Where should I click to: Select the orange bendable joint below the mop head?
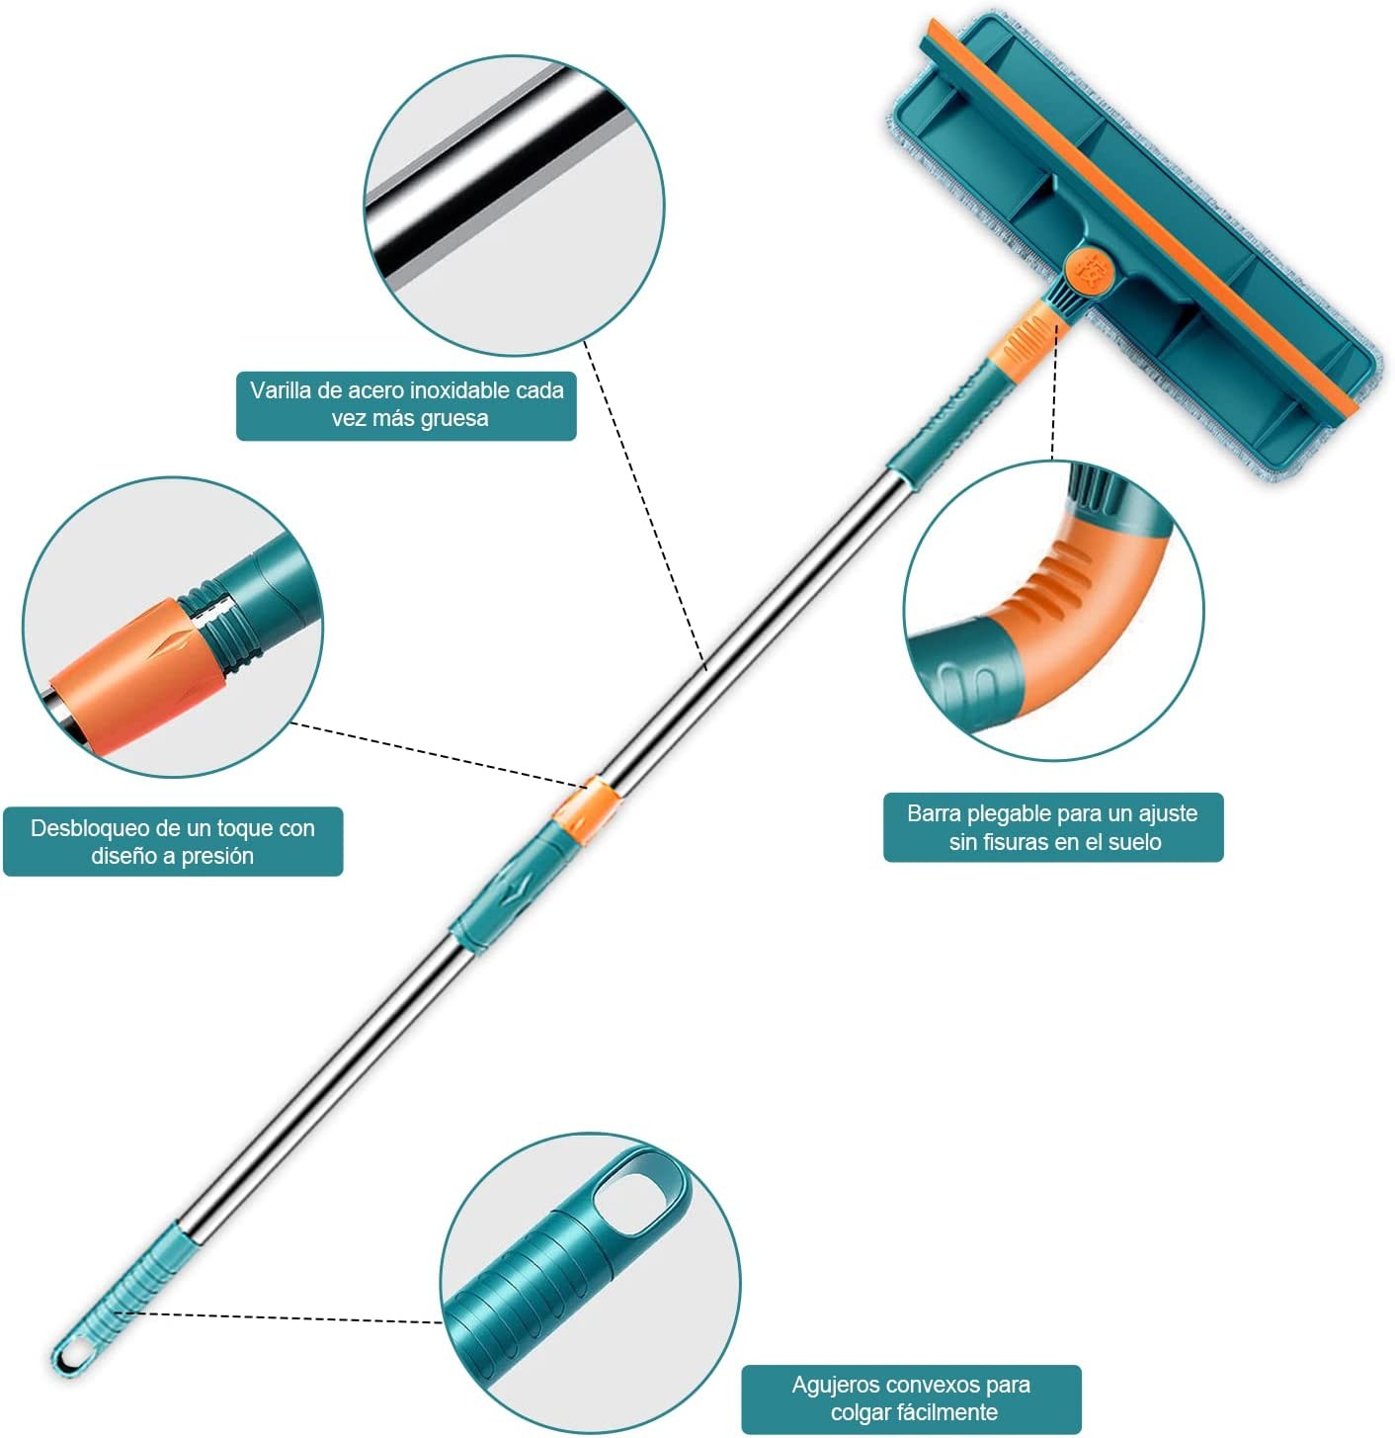click(x=1024, y=336)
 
